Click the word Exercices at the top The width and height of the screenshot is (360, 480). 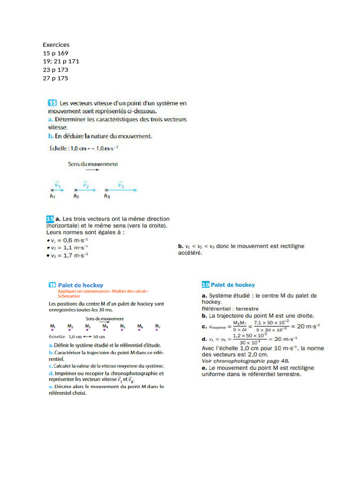pyautogui.click(x=56, y=45)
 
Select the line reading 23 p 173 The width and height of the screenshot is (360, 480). pyautogui.click(x=55, y=70)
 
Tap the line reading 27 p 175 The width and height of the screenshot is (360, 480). pyautogui.click(x=55, y=78)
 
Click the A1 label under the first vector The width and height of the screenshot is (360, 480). pyautogui.click(x=53, y=196)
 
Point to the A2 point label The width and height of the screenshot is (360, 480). pyautogui.click(x=76, y=196)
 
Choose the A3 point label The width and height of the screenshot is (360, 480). pyautogui.click(x=107, y=196)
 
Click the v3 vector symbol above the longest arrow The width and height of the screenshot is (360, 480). pyautogui.click(x=120, y=185)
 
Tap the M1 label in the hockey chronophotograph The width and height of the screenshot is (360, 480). pyautogui.click(x=52, y=326)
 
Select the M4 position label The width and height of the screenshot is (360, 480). pyautogui.click(x=105, y=326)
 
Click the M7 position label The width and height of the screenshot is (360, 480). pyautogui.click(x=157, y=326)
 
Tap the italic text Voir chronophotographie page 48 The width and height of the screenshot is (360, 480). pyautogui.click(x=246, y=361)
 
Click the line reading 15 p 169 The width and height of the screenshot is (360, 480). pyautogui.click(x=55, y=53)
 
